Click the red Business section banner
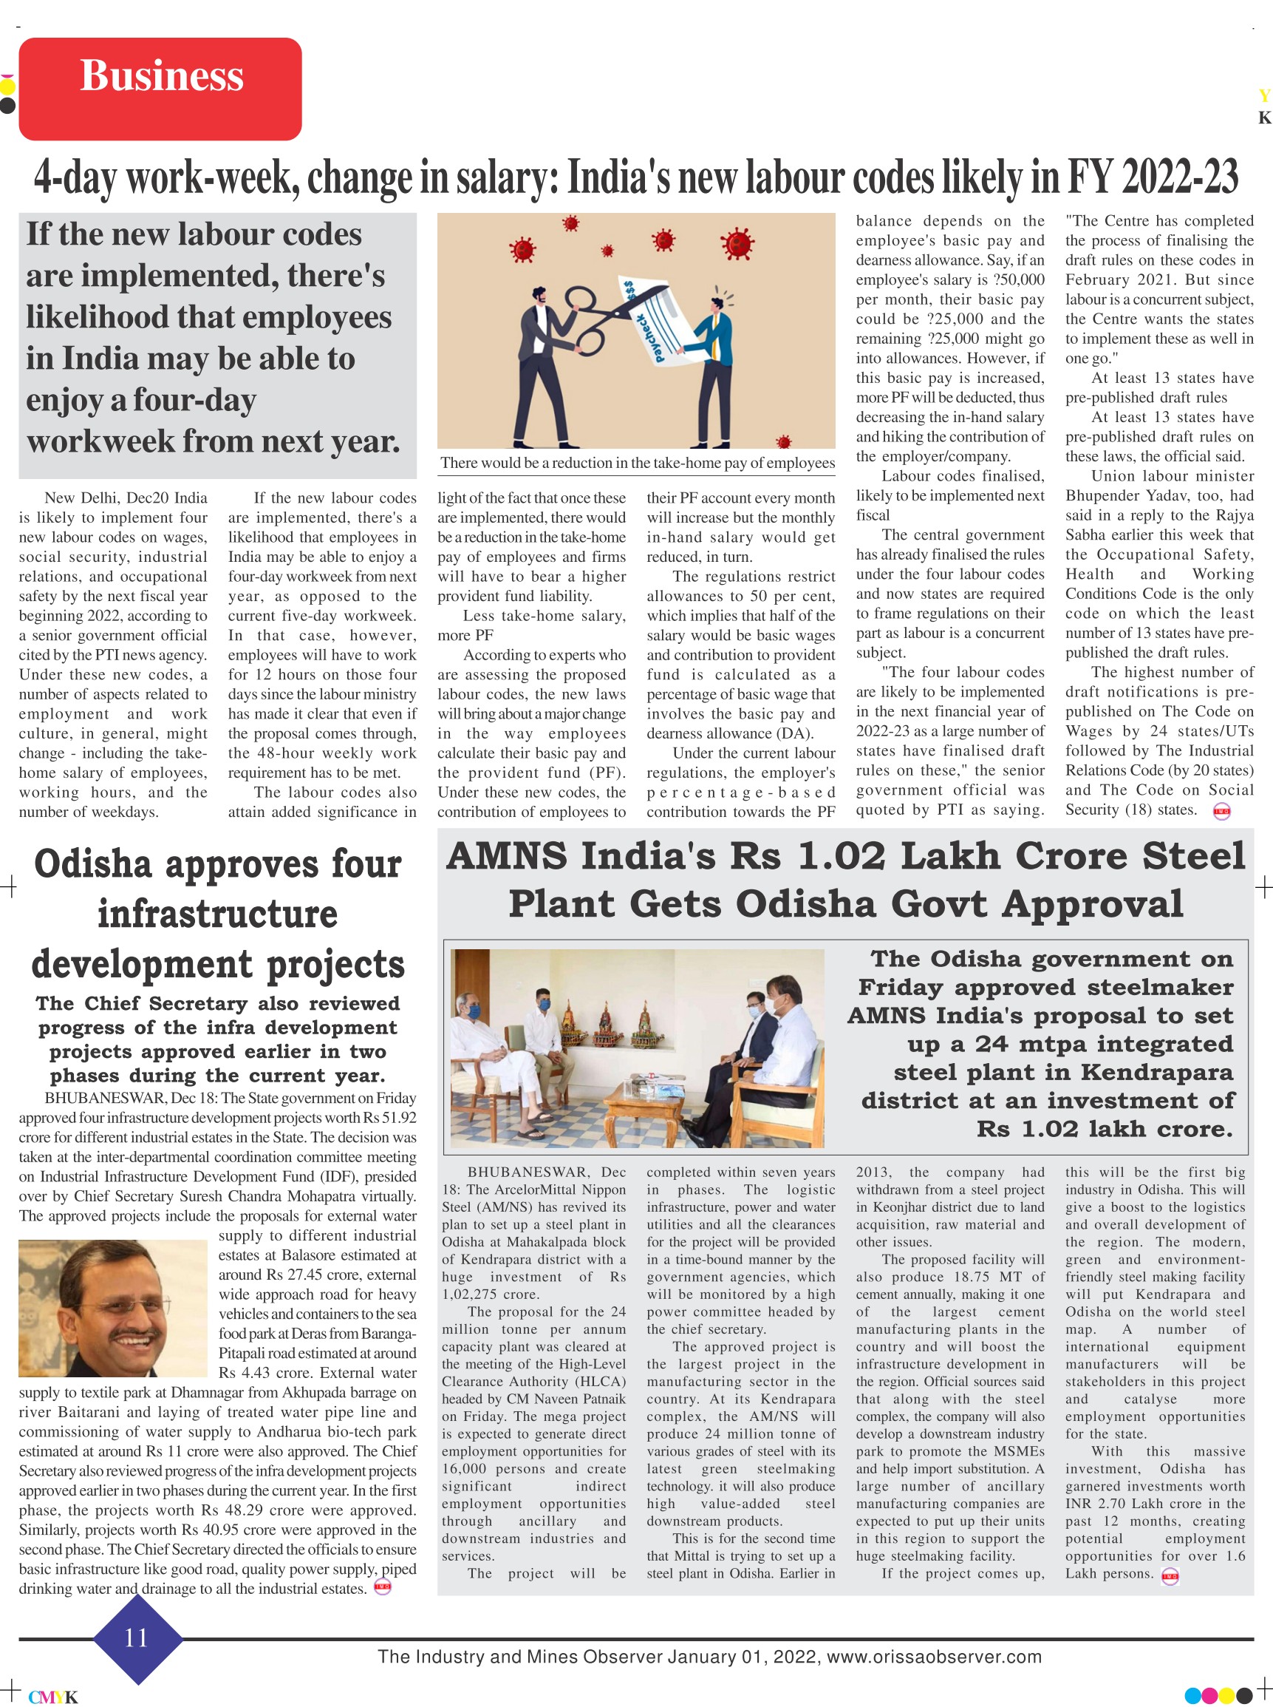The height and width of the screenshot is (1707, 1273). (x=160, y=89)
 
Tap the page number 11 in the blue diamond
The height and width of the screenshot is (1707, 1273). (x=137, y=1637)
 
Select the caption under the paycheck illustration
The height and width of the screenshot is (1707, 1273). (x=638, y=463)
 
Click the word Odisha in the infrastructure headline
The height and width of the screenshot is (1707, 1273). (x=92, y=863)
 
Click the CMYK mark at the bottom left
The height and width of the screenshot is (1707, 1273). (x=52, y=1697)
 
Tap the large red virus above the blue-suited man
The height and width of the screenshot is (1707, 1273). (x=738, y=245)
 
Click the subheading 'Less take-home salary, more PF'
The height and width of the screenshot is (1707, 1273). (x=532, y=625)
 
